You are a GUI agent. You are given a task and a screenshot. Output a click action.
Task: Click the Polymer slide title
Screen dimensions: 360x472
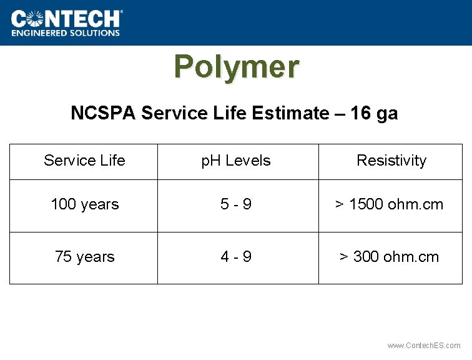pos(236,66)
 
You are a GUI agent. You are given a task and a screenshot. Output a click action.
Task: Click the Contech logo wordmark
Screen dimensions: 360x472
pos(66,18)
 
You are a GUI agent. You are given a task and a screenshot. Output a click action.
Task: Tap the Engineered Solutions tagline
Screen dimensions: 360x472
pos(66,32)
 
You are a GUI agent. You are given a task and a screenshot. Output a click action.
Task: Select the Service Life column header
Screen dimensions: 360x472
pos(84,161)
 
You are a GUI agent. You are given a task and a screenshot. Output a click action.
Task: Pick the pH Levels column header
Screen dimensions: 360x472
pos(236,161)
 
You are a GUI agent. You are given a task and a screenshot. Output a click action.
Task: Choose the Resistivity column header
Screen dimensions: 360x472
pos(391,161)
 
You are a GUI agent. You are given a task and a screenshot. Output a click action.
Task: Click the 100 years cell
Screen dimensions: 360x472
pos(84,204)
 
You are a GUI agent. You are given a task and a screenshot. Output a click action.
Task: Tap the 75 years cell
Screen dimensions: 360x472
pos(84,257)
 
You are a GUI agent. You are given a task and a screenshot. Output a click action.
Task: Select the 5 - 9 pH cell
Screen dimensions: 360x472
pos(236,204)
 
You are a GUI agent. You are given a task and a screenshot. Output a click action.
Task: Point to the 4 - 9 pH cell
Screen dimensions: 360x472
pos(236,257)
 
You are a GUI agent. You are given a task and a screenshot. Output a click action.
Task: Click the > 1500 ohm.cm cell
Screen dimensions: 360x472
pos(390,204)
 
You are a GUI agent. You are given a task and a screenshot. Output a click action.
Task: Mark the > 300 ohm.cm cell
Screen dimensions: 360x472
pos(389,257)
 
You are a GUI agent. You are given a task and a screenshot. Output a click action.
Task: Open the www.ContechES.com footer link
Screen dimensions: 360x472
pos(424,346)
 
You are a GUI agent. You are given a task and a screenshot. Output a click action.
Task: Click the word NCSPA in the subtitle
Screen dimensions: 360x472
pos(104,113)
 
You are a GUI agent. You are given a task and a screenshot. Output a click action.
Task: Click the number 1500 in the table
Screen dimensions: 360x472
pos(365,204)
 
